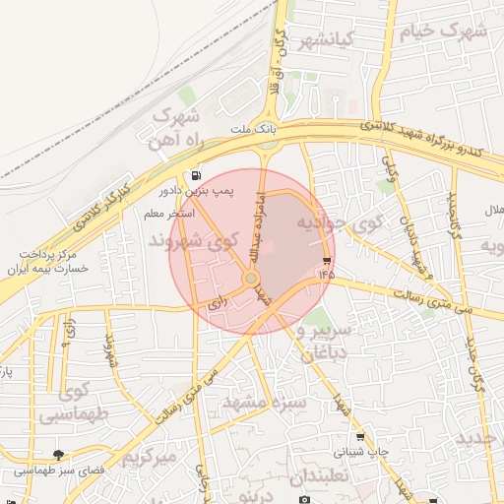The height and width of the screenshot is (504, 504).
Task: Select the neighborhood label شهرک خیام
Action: [442, 31]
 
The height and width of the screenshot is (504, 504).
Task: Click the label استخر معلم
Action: [168, 213]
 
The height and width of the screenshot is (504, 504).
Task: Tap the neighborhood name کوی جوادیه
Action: [345, 223]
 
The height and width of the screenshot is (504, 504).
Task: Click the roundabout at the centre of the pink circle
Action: [251, 281]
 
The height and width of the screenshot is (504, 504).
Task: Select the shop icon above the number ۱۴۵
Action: [326, 261]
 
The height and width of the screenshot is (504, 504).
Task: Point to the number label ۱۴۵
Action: [326, 275]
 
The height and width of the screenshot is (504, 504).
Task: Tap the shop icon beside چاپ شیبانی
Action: [359, 437]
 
